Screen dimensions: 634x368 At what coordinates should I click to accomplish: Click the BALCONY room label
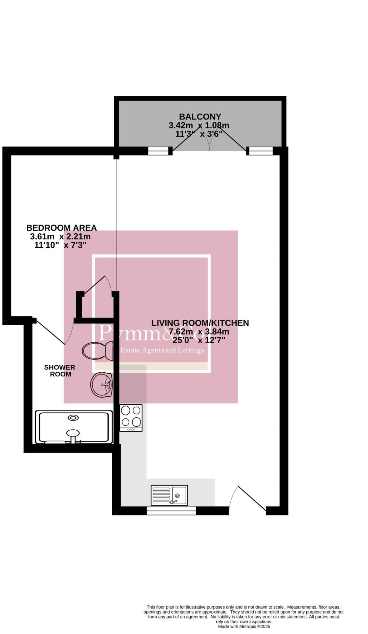[x=200, y=117]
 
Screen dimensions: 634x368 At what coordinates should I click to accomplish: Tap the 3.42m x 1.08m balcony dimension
[x=199, y=125]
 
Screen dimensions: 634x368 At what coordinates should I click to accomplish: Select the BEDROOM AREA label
[x=61, y=228]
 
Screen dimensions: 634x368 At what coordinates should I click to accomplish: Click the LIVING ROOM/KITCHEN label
[x=200, y=323]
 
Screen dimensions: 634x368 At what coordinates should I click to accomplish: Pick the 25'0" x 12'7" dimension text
[x=199, y=340]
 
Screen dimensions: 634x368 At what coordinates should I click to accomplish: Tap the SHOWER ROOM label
[x=60, y=371]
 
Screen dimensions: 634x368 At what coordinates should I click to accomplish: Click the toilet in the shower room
[x=98, y=351]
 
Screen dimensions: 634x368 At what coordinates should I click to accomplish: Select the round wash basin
[x=101, y=385]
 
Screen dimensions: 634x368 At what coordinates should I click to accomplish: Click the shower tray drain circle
[x=73, y=418]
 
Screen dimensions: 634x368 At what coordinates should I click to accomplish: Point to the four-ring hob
[x=131, y=418]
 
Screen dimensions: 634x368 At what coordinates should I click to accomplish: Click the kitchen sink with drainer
[x=169, y=495]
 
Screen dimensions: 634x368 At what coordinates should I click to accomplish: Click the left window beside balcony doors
[x=158, y=151]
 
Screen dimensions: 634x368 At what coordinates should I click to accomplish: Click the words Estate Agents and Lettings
[x=162, y=350]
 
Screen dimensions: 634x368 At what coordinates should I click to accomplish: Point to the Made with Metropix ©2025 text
[x=244, y=626]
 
